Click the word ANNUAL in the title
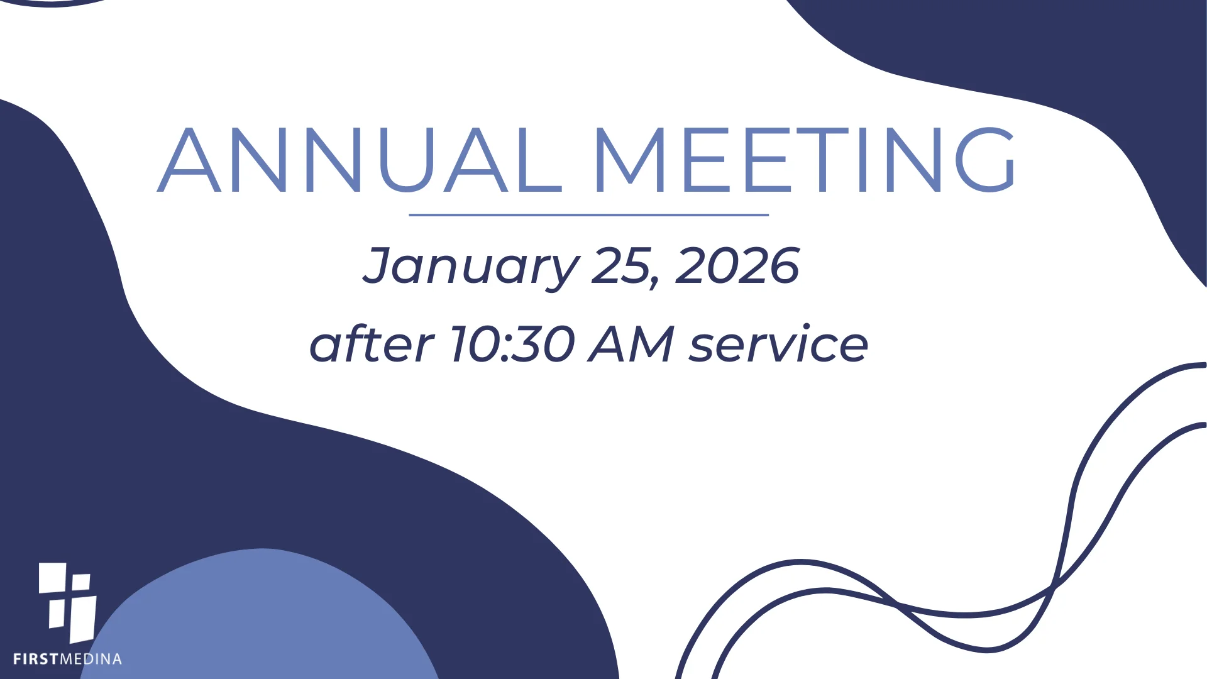[360, 160]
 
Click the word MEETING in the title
[804, 160]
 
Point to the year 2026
[737, 266]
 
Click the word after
[371, 344]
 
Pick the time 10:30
[512, 344]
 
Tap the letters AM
[631, 344]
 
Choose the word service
[778, 344]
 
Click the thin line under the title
[588, 215]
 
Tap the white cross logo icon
[68, 602]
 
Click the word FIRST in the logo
[36, 660]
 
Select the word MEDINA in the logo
[91, 660]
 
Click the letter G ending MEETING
[985, 160]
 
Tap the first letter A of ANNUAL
[189, 160]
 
